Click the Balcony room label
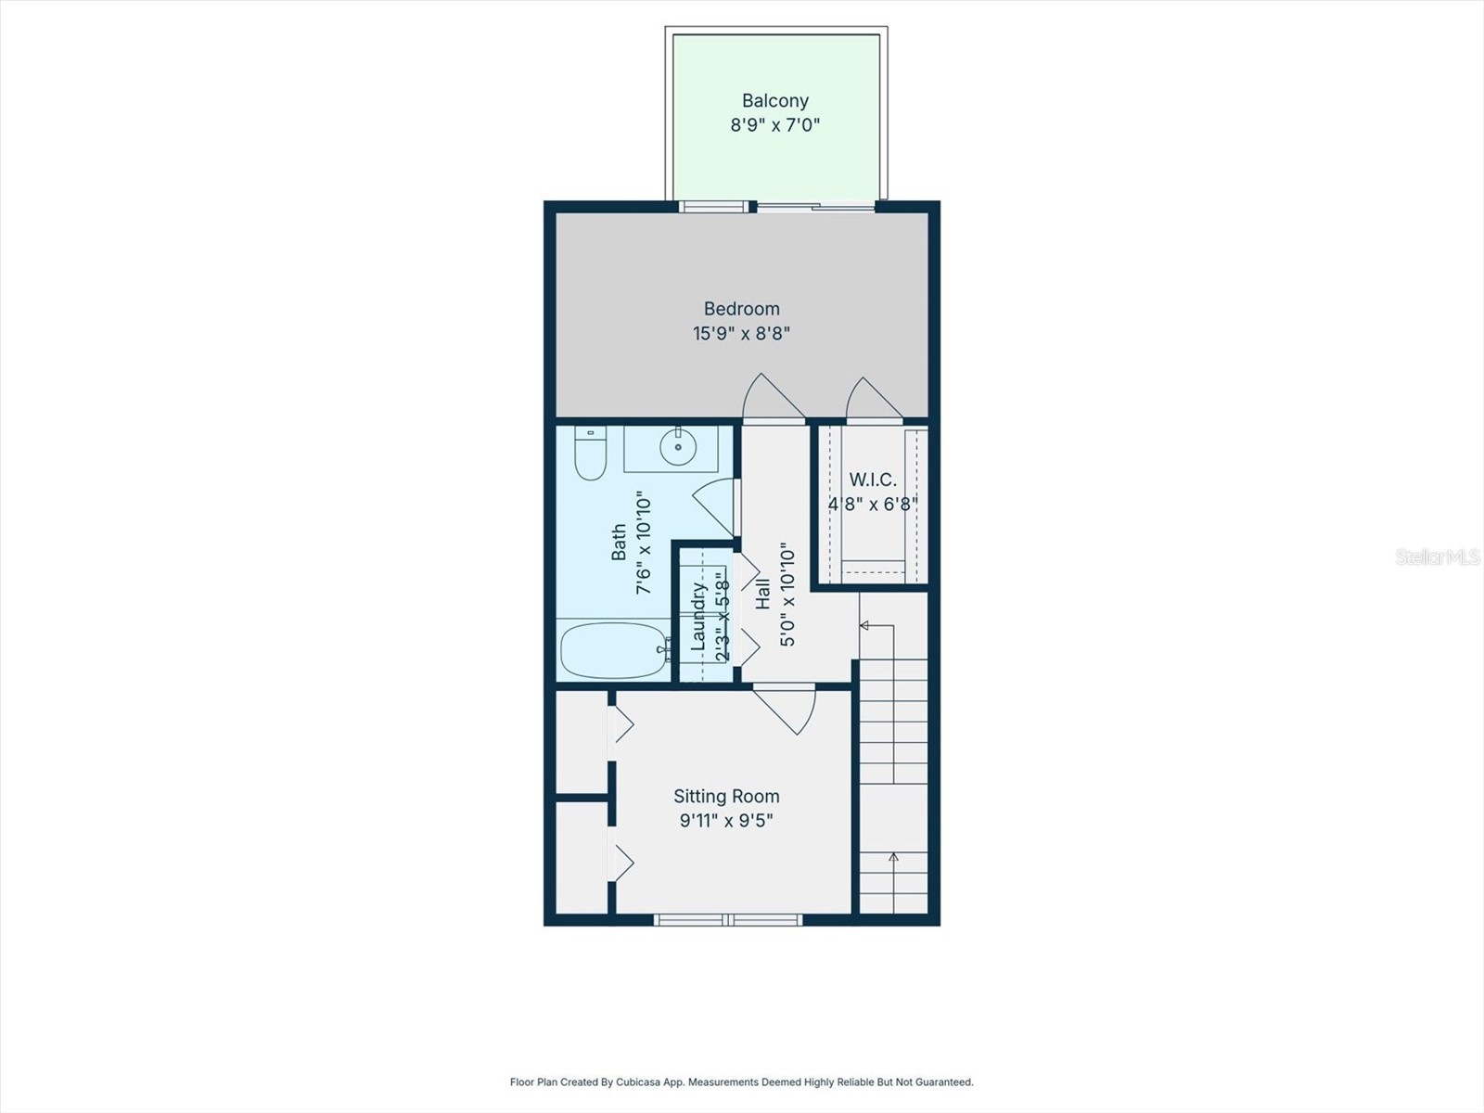(x=774, y=100)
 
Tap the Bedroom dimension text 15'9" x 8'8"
(x=741, y=333)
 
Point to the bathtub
(x=614, y=649)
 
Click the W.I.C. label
(x=873, y=480)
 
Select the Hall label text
(x=762, y=595)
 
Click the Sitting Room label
(x=726, y=796)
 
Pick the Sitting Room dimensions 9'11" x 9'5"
(x=726, y=821)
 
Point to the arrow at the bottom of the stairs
(x=893, y=858)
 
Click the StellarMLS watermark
(x=1437, y=556)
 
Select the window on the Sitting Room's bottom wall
(x=728, y=919)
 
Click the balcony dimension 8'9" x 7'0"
(x=774, y=125)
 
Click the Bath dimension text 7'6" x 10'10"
(x=644, y=544)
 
